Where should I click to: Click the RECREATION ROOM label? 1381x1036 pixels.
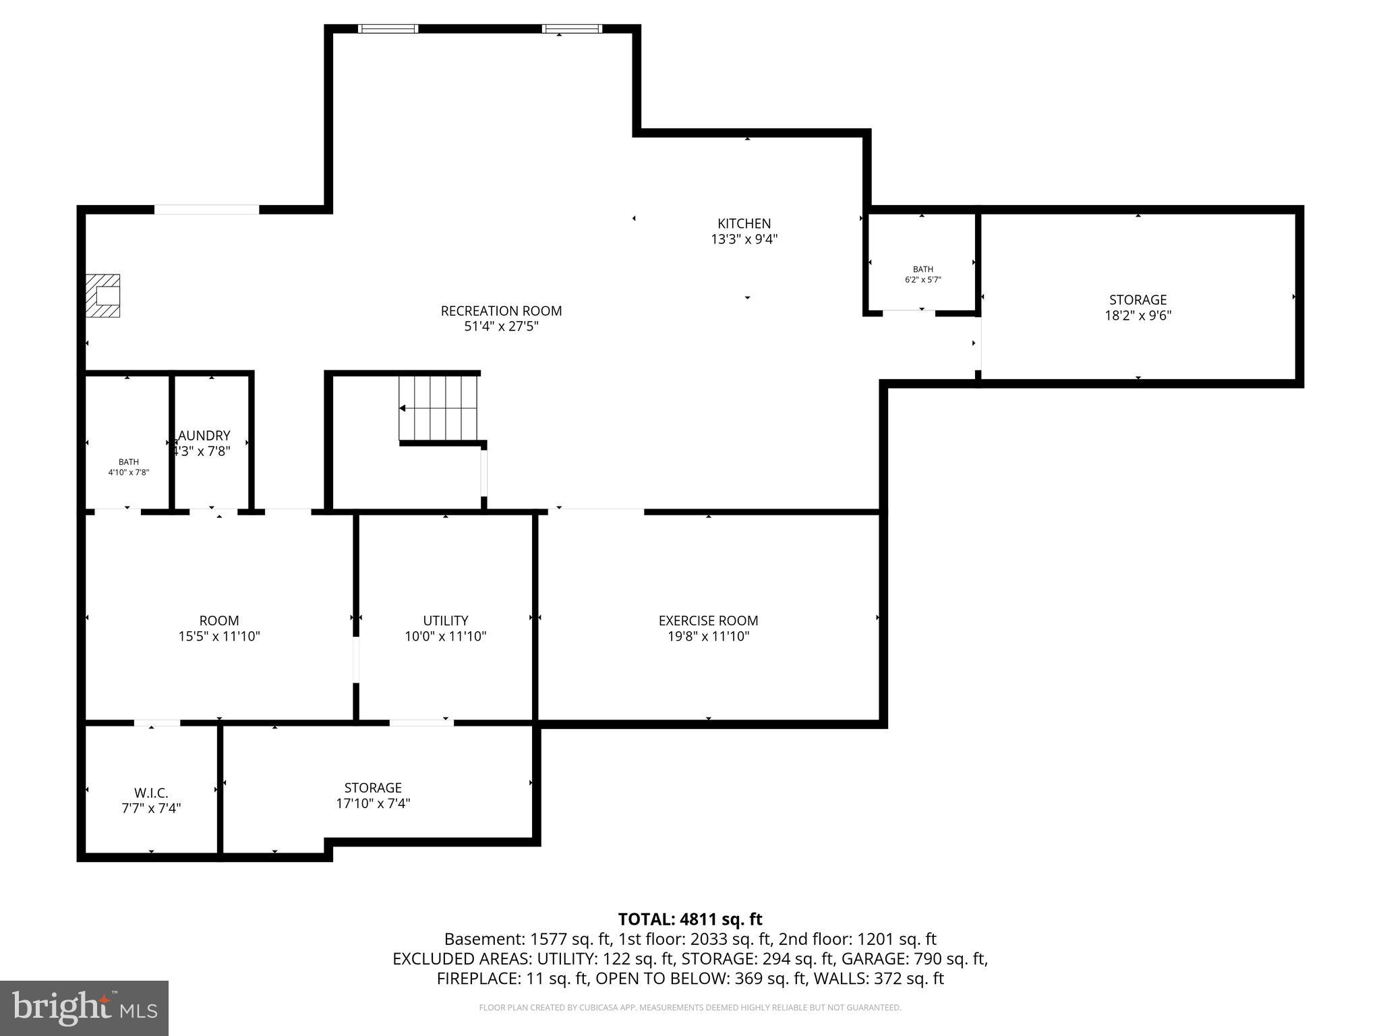[501, 311]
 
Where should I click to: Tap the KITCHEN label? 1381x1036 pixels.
[744, 223]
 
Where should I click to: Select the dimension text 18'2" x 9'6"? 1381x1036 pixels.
[1138, 315]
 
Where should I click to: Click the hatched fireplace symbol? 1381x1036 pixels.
[102, 295]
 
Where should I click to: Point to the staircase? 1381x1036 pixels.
[438, 408]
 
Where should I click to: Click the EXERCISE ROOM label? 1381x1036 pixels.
[708, 621]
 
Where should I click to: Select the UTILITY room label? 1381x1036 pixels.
[445, 621]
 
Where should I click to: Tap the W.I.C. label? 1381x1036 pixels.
[151, 793]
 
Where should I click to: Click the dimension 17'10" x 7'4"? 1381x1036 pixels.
[373, 803]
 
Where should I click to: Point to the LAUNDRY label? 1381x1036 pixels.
[204, 436]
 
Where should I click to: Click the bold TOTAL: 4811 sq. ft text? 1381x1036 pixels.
[690, 919]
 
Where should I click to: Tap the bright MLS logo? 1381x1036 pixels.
[84, 1008]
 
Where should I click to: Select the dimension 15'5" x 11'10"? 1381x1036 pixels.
[219, 636]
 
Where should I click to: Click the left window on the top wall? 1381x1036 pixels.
[388, 29]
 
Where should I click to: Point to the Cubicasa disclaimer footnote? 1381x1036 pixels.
[690, 1008]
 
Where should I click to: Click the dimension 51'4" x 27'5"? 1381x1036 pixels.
[501, 326]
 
